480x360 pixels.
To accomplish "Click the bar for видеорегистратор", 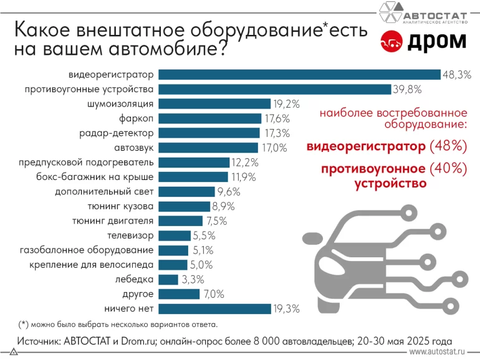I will [299, 75].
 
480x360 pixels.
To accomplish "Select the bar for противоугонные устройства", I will [275, 89].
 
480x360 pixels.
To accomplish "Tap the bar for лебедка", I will [168, 279].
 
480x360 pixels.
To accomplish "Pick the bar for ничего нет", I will [215, 308].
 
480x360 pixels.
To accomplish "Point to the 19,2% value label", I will [286, 104].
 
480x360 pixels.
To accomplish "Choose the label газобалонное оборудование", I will [87, 250].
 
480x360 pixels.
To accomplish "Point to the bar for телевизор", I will [175, 235].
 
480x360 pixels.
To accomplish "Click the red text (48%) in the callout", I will [448, 147].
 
